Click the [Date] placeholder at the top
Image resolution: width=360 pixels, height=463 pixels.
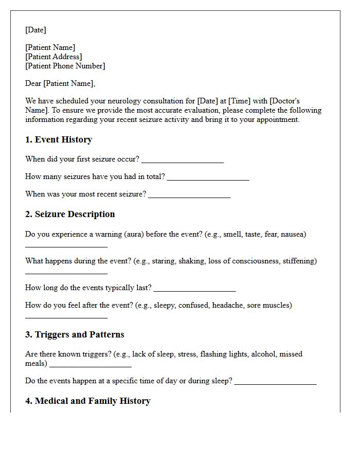tap(35, 30)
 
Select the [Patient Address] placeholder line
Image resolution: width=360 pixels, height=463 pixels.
tap(53, 57)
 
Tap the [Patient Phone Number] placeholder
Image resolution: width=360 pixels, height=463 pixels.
tap(65, 66)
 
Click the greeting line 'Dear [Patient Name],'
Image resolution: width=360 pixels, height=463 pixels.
tap(60, 83)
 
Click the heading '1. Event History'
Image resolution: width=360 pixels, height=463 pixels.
tap(59, 139)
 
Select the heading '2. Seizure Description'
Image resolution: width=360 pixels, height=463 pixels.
tap(70, 214)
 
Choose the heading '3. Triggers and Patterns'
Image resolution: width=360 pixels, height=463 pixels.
tap(75, 334)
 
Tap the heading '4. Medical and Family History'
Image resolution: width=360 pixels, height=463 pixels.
tap(87, 401)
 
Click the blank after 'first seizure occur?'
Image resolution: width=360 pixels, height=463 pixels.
tap(183, 162)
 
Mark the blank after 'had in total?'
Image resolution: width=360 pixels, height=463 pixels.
tap(208, 179)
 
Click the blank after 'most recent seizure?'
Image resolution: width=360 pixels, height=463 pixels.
tap(189, 197)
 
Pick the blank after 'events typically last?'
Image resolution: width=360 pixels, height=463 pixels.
tap(194, 290)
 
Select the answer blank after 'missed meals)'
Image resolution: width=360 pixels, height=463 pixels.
tap(91, 366)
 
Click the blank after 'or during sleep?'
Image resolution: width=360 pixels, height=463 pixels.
tap(275, 383)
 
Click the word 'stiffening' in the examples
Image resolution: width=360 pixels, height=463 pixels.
tap(298, 261)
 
